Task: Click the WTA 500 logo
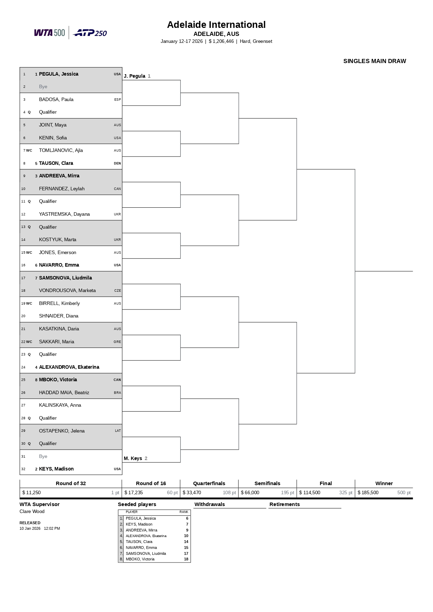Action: (50, 33)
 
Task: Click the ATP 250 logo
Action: (90, 33)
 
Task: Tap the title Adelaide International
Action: (216, 25)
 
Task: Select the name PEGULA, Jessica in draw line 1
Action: (59, 74)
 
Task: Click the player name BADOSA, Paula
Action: (56, 99)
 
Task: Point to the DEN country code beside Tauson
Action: (117, 163)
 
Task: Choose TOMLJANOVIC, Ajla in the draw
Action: (61, 150)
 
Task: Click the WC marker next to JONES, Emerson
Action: (29, 253)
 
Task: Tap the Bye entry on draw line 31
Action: (43, 456)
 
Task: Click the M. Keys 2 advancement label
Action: (135, 458)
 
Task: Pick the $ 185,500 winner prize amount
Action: (368, 492)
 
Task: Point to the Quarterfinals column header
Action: (209, 483)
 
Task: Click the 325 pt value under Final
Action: (345, 492)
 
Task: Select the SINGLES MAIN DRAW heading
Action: (374, 61)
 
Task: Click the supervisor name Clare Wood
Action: (32, 511)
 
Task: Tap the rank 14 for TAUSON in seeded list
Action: (186, 542)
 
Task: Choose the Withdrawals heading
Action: (210, 504)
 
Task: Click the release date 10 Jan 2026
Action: (30, 528)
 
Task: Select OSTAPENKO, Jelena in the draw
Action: (62, 431)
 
